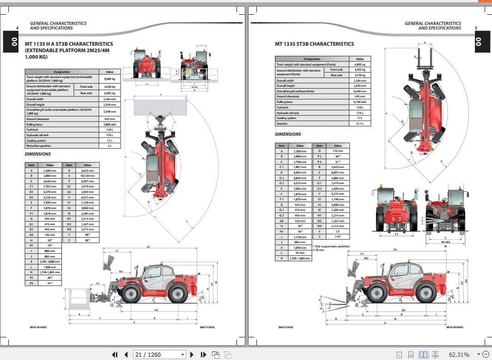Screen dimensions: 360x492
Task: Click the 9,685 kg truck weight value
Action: click(109, 78)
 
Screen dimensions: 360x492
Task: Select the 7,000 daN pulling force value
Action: click(109, 125)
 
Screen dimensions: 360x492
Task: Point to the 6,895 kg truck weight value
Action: click(360, 65)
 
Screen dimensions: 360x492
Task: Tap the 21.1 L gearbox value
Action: click(360, 124)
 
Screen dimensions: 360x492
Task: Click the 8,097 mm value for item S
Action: click(338, 172)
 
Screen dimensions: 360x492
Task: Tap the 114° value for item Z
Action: click(338, 237)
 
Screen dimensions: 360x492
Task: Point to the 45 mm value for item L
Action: click(300, 253)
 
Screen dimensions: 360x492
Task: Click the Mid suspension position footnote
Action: click(331, 248)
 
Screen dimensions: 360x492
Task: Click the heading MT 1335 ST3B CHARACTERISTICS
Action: click(314, 44)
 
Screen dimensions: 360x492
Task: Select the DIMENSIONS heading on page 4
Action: click(37, 154)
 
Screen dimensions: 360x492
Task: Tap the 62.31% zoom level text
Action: click(459, 354)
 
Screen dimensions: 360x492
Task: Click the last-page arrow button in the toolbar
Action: click(203, 354)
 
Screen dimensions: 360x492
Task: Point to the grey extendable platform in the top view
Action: click(159, 108)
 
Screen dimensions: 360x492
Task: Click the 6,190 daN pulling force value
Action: click(360, 102)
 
